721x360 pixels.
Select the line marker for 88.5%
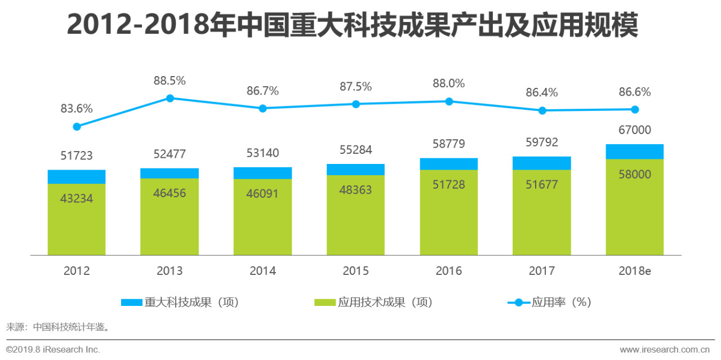point(170,98)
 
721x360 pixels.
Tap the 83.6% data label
point(77,108)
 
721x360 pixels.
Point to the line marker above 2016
point(449,101)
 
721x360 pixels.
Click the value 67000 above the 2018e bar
point(635,130)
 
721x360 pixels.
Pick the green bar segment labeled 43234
point(77,220)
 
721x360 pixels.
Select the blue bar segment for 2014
point(262,173)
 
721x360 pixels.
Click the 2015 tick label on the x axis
point(355,271)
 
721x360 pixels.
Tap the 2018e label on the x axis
point(635,271)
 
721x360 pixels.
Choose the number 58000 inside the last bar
point(635,174)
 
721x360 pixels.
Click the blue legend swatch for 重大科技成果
point(132,303)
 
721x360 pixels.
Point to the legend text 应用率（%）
point(561,302)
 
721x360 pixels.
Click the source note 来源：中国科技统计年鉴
point(57,326)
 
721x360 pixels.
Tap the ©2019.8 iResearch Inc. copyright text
point(53,349)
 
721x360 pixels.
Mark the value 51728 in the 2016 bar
point(449,184)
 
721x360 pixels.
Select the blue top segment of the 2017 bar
point(542,163)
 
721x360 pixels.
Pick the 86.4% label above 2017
point(542,92)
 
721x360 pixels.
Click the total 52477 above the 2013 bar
point(170,154)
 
